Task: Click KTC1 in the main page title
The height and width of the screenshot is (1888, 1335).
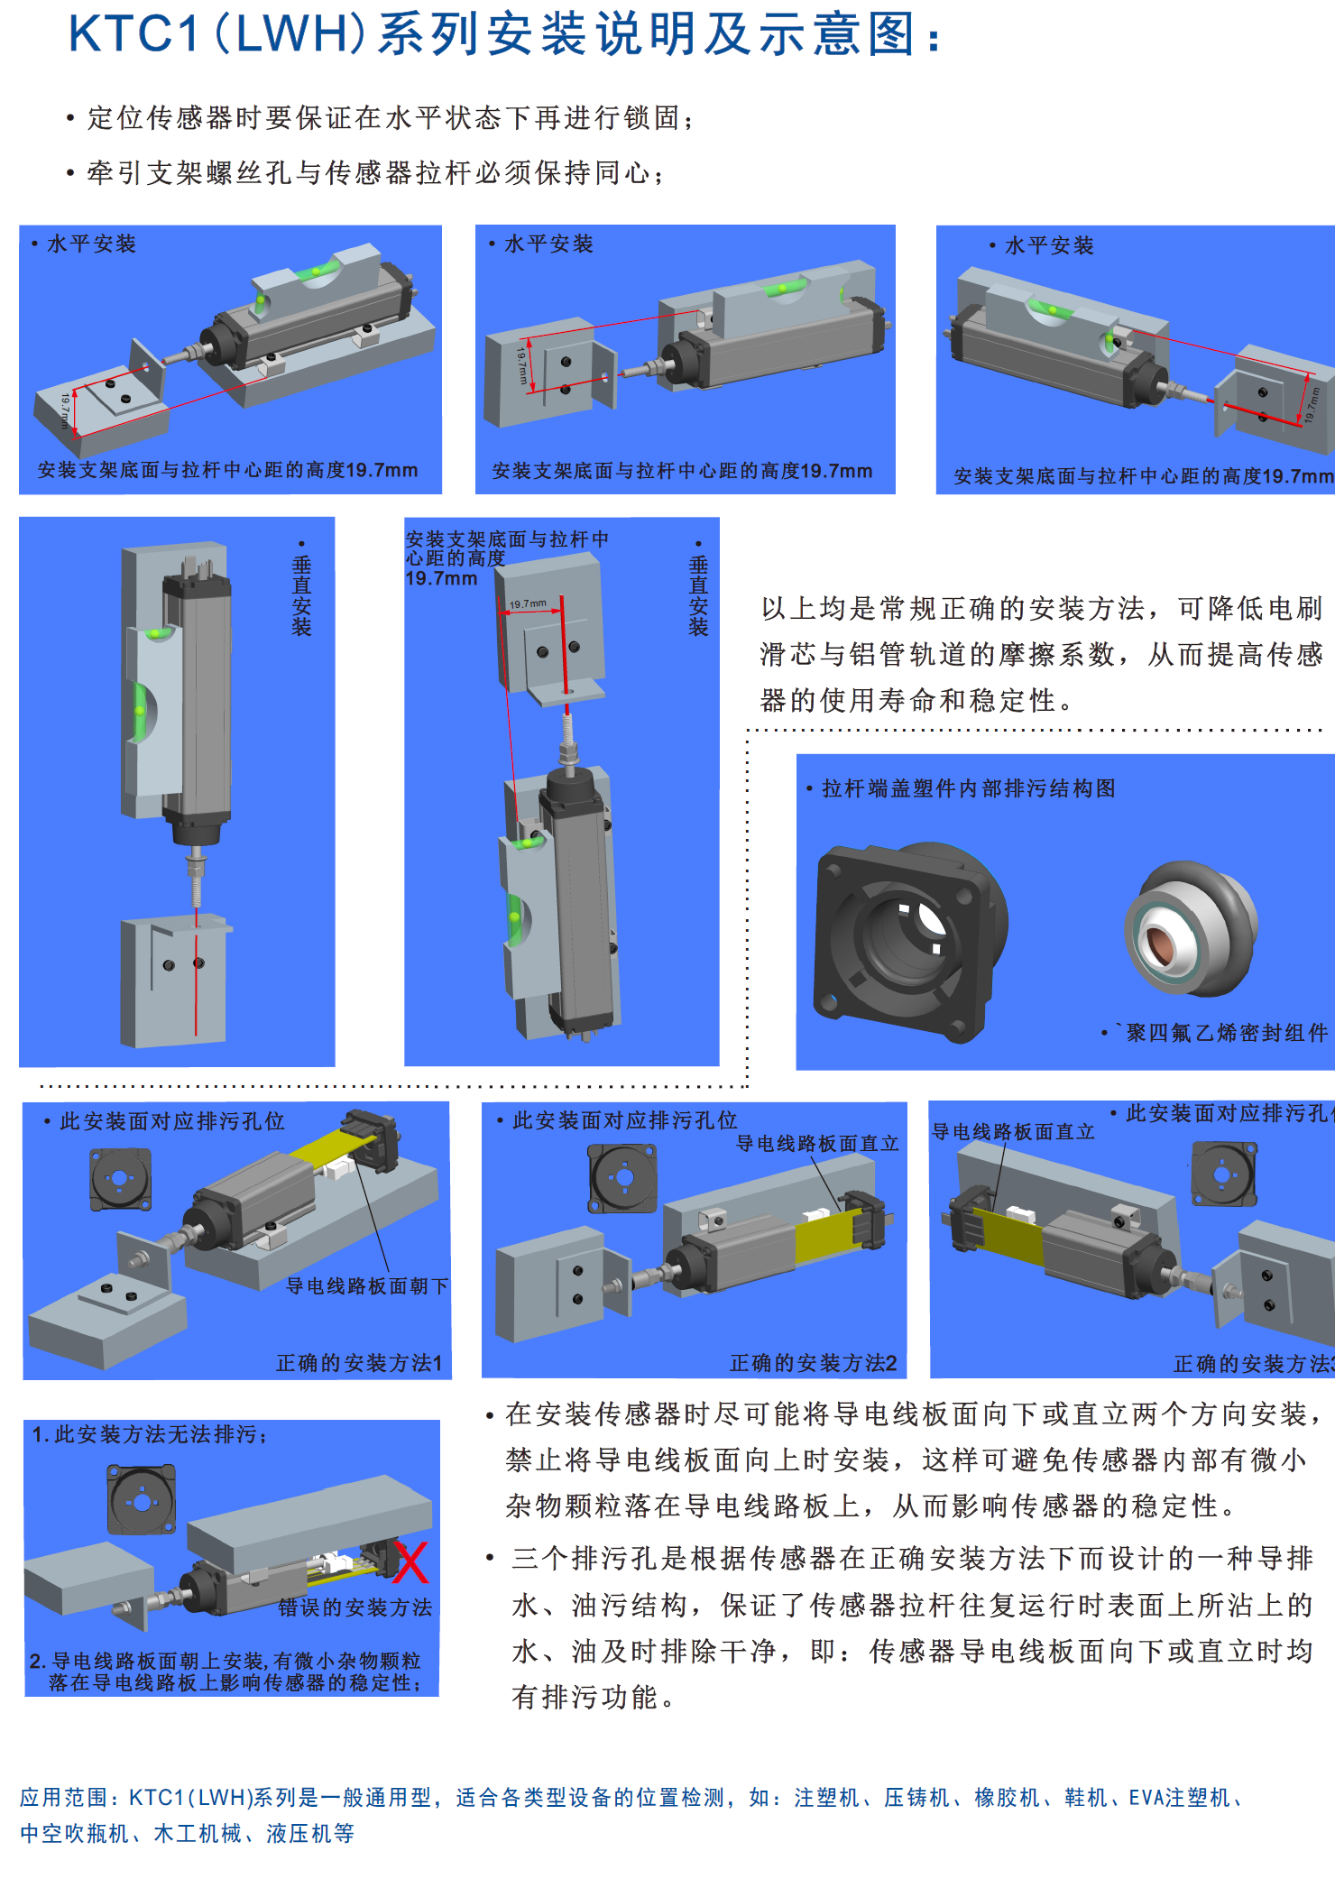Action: tap(133, 34)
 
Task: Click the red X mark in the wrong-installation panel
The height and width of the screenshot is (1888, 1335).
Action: tap(411, 1563)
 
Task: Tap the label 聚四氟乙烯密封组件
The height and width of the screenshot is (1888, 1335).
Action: tap(1227, 1033)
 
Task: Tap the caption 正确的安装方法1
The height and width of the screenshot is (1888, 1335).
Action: tap(359, 1363)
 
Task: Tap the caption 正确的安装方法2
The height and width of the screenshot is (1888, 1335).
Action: tap(813, 1363)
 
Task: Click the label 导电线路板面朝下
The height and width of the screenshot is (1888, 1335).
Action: tap(366, 1286)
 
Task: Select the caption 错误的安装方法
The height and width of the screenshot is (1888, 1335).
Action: tap(355, 1607)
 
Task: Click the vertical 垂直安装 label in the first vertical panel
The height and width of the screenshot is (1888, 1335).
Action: tap(301, 595)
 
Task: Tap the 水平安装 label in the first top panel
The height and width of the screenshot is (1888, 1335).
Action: tap(91, 244)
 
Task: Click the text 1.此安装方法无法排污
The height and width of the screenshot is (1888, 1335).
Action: tap(149, 1434)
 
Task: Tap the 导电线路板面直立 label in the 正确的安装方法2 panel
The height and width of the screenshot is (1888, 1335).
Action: tap(817, 1144)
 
